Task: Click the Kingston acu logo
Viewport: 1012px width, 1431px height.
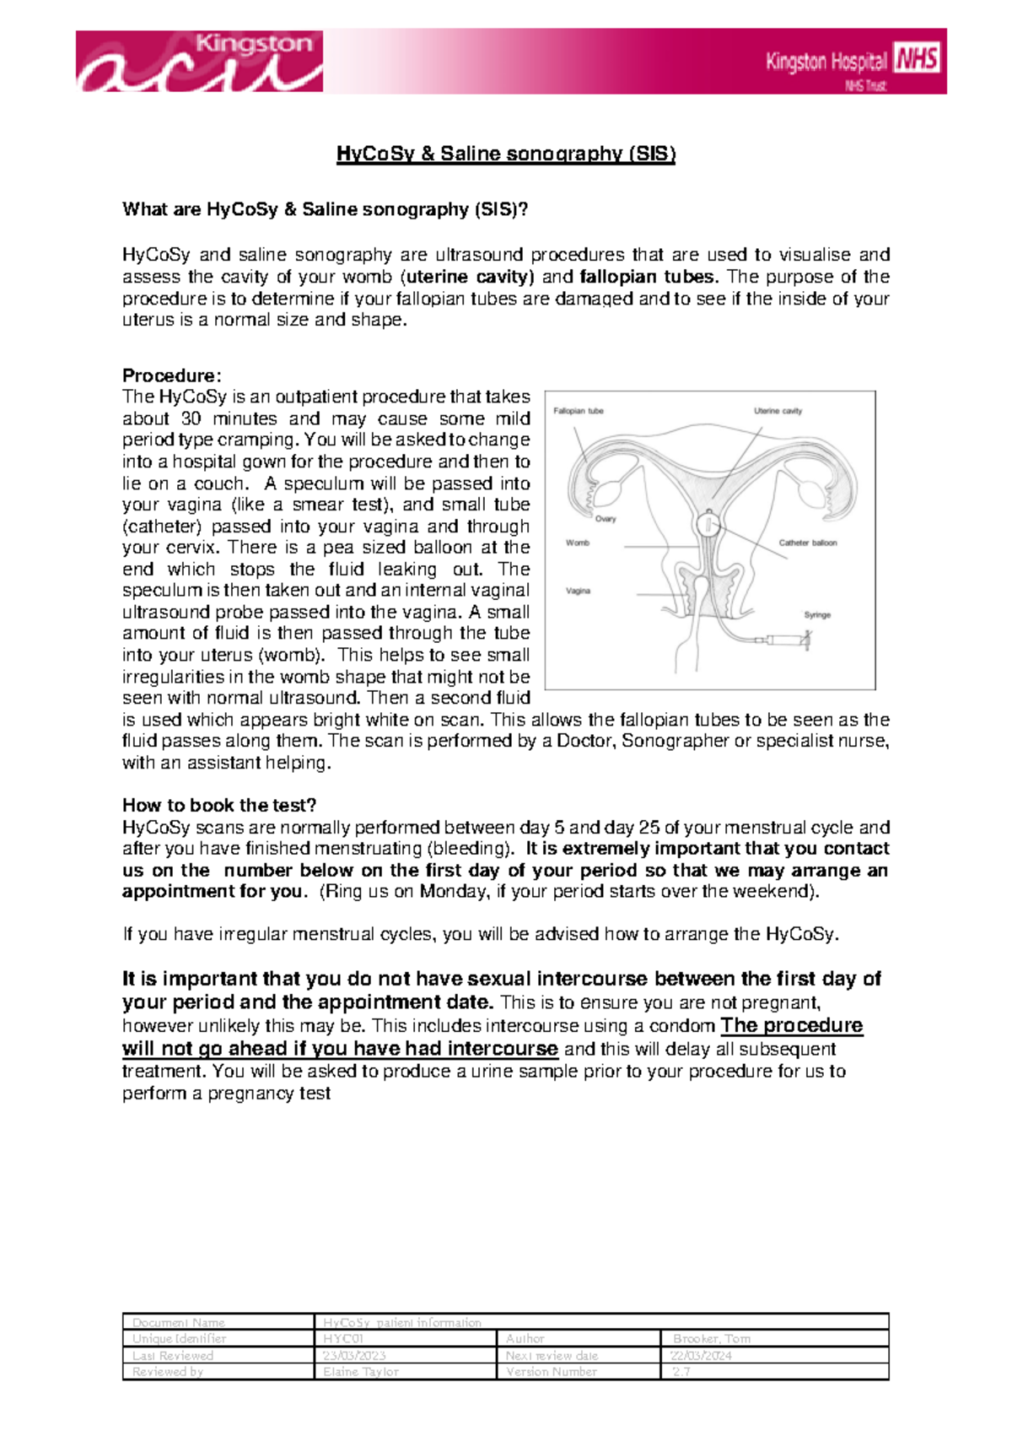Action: coord(200,62)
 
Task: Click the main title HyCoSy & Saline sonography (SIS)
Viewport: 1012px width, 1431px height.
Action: coord(506,154)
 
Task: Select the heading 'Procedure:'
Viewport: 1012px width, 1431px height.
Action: coord(171,375)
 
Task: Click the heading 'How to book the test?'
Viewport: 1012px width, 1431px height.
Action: coord(219,805)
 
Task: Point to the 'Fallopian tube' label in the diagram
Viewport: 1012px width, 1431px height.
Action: coord(578,412)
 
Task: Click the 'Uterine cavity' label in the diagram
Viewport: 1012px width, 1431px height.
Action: coord(778,412)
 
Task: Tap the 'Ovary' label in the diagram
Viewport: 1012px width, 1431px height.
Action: coord(606,519)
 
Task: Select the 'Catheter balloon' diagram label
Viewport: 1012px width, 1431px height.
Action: coord(807,543)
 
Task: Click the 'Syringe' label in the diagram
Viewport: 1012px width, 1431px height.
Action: coord(817,615)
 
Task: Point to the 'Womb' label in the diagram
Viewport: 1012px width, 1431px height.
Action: coord(578,543)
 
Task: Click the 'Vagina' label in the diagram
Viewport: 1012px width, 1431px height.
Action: coord(578,591)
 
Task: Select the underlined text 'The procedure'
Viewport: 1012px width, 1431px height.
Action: coord(792,1025)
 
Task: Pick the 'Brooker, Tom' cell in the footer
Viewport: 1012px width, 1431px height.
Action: coord(711,1339)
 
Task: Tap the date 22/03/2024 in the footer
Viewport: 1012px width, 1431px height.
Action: coord(700,1355)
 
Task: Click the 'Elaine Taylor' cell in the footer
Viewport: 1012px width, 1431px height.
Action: coord(360,1372)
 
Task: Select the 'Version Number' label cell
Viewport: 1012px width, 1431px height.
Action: coord(551,1372)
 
